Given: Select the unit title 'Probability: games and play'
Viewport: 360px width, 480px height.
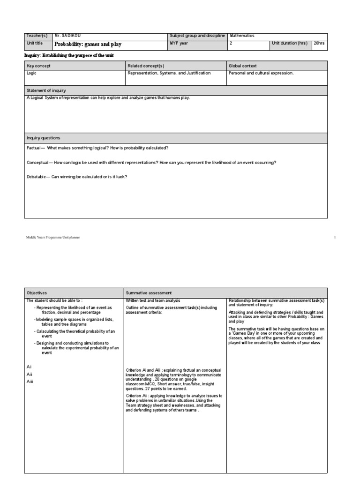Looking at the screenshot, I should coord(88,44).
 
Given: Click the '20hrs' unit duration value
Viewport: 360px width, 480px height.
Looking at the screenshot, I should coord(319,44).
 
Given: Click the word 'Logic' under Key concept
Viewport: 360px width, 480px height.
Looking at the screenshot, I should coord(32,74).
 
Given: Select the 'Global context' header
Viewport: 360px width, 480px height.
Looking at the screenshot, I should coord(243,66).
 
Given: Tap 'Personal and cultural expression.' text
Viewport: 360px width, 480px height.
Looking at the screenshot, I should coord(261,74).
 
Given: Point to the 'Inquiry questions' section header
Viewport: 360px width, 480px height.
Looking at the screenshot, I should coord(43,138).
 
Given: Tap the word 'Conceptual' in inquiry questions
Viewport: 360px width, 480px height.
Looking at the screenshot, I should coord(38,162).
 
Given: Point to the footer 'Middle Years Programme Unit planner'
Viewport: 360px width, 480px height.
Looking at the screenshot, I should coord(53,238).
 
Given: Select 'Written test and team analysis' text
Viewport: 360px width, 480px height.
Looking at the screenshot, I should coord(153,300).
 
